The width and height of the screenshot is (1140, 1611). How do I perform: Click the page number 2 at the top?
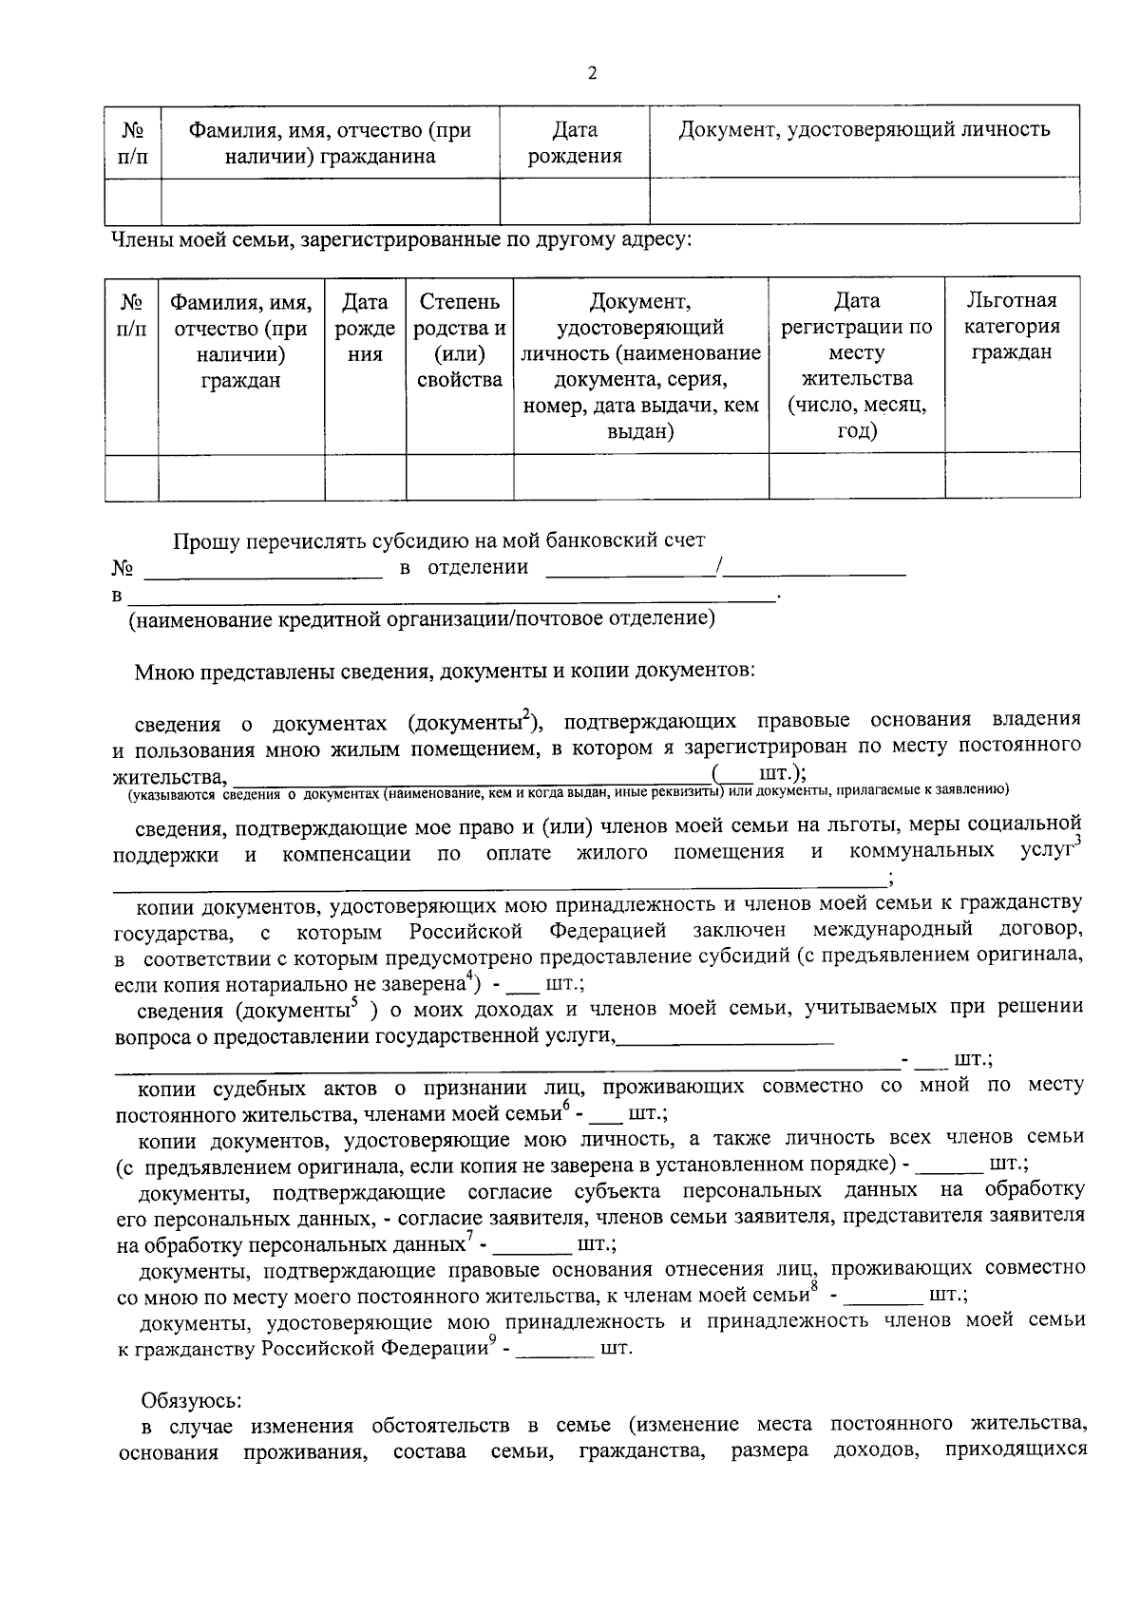[x=592, y=74]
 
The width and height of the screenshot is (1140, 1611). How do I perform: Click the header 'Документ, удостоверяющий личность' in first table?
[x=864, y=129]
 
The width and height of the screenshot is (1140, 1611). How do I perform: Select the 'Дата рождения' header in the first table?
[x=575, y=142]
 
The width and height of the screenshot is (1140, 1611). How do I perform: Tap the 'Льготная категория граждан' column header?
[x=1012, y=327]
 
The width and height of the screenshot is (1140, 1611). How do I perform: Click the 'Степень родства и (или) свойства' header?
[x=460, y=340]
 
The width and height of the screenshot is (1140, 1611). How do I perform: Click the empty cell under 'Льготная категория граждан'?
[x=1012, y=477]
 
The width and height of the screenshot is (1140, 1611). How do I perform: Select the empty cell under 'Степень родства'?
[x=460, y=477]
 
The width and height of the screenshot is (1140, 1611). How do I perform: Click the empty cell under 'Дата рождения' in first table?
[x=575, y=200]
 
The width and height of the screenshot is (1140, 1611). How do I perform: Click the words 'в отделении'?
[x=464, y=568]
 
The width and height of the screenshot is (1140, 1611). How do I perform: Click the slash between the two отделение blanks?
[x=722, y=568]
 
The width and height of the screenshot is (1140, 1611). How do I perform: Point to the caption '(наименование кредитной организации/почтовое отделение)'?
[x=422, y=619]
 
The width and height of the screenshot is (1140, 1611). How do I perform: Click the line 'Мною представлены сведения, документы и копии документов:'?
[x=445, y=672]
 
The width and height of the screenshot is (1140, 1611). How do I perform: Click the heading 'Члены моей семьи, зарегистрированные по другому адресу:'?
[x=402, y=239]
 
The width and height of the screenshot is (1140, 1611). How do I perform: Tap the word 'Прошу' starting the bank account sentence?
[x=204, y=541]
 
